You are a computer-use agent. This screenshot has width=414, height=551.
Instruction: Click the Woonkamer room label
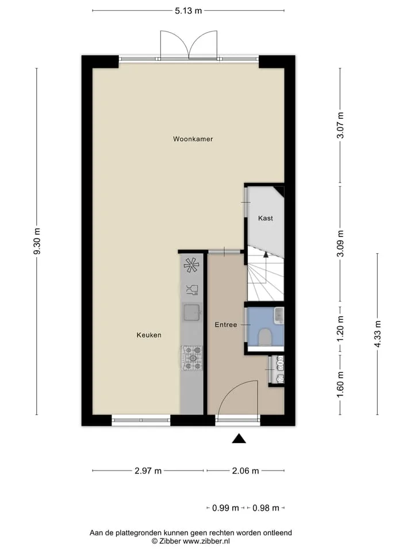(x=193, y=139)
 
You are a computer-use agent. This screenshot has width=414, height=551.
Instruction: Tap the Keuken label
(x=149, y=335)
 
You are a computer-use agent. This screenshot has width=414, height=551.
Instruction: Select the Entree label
(x=225, y=325)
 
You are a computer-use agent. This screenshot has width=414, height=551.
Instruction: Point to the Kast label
(x=266, y=218)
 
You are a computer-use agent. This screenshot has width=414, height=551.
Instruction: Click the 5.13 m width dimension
(x=189, y=10)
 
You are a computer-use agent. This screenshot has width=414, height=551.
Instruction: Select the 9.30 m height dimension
(x=37, y=241)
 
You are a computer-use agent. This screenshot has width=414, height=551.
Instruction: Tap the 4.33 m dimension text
(x=377, y=334)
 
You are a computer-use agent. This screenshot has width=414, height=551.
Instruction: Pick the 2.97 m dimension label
(x=148, y=471)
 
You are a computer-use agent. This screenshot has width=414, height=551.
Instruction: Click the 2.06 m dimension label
(x=246, y=471)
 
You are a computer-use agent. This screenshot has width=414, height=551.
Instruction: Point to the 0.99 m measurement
(x=225, y=508)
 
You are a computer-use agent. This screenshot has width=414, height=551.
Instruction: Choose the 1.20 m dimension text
(x=340, y=328)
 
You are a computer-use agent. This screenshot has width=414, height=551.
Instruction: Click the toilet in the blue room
(x=264, y=337)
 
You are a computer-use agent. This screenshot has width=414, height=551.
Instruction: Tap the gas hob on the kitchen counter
(x=192, y=358)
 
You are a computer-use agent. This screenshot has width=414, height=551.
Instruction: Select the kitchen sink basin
(x=192, y=312)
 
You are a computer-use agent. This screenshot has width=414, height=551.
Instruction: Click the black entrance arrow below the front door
(x=239, y=439)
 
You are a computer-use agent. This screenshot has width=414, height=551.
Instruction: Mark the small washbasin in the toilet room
(x=279, y=315)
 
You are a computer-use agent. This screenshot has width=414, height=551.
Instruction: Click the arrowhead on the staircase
(x=266, y=255)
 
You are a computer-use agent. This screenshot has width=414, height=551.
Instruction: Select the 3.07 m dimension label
(x=340, y=125)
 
